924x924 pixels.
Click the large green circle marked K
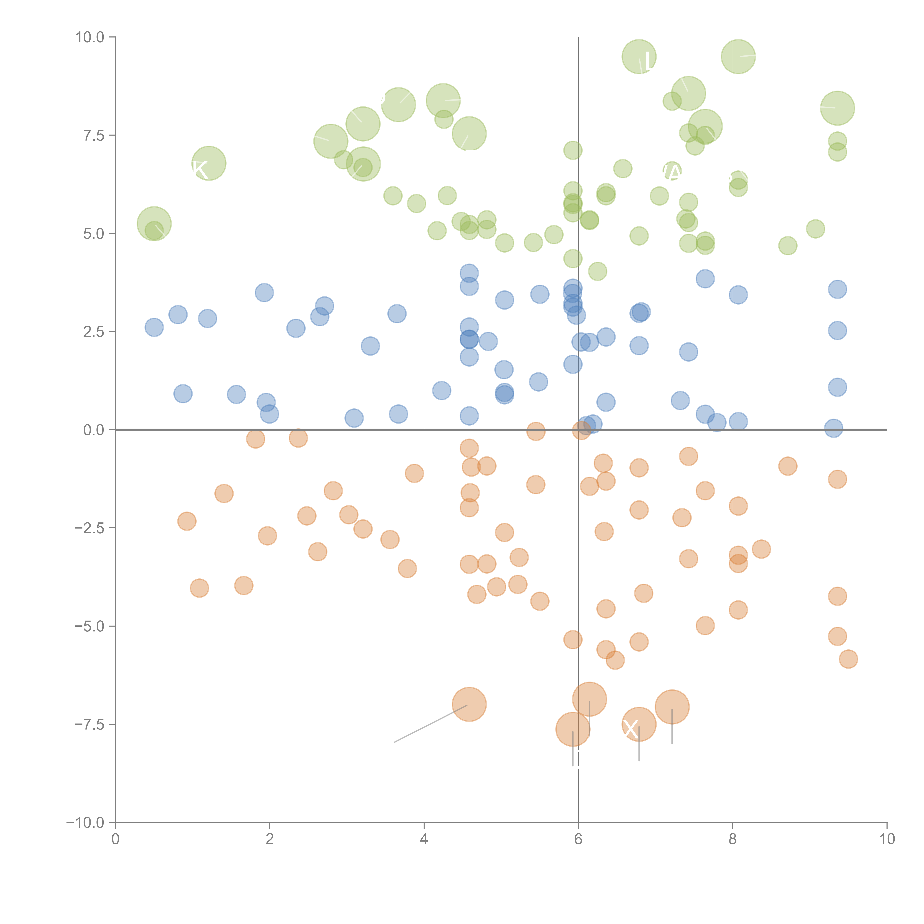point(208,164)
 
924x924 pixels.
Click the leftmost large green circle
point(154,224)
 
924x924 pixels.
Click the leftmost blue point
point(154,328)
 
